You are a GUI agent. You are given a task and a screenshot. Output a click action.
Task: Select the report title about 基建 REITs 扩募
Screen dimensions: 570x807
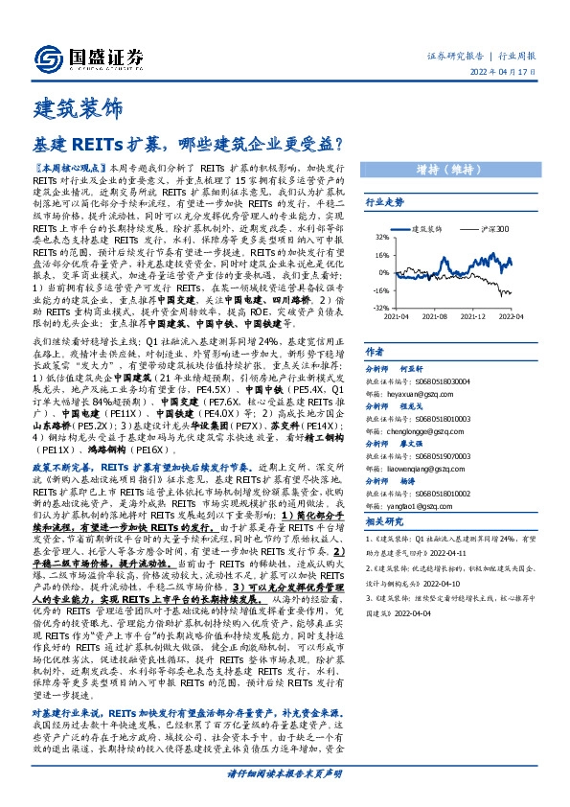[x=189, y=145]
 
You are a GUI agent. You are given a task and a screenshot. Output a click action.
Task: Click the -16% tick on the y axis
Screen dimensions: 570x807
[x=379, y=289]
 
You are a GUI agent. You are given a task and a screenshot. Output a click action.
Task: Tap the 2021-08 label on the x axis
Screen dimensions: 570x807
[x=435, y=315]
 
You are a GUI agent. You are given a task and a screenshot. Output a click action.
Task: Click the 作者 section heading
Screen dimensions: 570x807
[x=375, y=353]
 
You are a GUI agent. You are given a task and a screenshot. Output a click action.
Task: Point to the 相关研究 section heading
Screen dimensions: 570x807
[x=385, y=521]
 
